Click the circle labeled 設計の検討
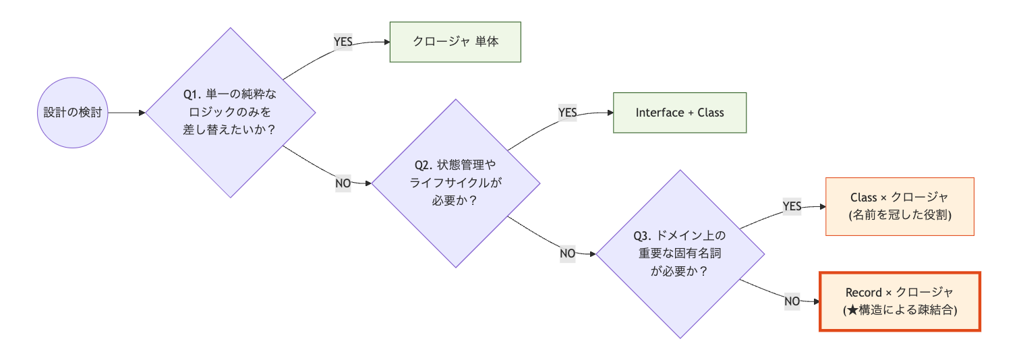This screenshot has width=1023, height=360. pos(72,113)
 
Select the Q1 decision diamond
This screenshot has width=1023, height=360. pos(231,113)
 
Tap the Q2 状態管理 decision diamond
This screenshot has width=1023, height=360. pos(457,183)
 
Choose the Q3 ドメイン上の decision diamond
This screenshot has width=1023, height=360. pos(680,253)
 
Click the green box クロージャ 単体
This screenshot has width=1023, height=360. pos(455,42)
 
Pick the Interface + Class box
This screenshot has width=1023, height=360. pos(679,113)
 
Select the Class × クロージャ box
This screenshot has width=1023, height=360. pos(900,206)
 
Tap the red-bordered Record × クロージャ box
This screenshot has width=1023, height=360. pos(900,301)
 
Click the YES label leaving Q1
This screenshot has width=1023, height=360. pos(343,42)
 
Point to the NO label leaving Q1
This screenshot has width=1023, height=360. pos(343,183)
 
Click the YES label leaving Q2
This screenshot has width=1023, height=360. pos(568,113)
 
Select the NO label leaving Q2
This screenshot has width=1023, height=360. pos(568,253)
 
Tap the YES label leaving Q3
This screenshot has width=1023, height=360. pos(792,206)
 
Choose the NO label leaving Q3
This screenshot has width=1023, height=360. pos(792,301)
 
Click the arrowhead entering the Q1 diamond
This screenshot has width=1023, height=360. pos(142,113)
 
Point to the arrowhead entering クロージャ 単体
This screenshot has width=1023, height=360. pos(386,42)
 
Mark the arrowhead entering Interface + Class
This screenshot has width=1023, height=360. pos(610,113)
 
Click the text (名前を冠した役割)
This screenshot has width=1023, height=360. pos(900,215)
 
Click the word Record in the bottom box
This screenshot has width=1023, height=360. pos(863,293)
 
